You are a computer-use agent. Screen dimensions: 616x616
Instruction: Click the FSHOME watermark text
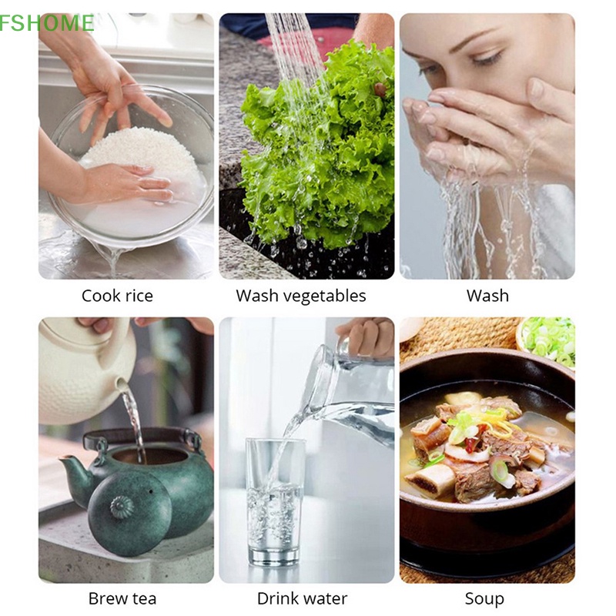coord(46,23)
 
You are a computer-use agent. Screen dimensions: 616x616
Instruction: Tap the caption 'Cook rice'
coord(117,296)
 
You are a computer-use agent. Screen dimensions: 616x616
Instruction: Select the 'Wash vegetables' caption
coord(301,296)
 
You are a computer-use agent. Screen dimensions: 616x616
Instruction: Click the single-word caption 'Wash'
coord(487,296)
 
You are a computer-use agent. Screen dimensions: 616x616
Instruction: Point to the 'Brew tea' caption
coord(122,598)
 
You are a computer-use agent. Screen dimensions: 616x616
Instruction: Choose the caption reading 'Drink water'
coord(302,598)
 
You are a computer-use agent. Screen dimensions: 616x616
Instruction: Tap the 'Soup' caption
coord(484,598)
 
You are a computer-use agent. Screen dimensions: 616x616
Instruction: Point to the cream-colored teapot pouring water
coord(85,370)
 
